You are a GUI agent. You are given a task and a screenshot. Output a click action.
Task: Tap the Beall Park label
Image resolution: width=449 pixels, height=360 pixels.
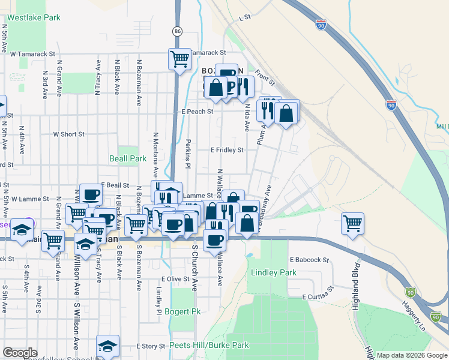(128, 158)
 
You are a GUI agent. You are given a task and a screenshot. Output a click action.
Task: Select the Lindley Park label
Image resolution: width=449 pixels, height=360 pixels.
(274, 272)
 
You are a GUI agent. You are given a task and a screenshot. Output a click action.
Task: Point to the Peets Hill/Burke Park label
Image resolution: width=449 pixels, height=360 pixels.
(209, 345)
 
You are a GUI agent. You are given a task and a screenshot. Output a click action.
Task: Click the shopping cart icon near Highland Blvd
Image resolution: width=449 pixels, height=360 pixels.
(353, 224)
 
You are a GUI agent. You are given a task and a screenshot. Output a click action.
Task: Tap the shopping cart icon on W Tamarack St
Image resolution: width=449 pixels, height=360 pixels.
(179, 59)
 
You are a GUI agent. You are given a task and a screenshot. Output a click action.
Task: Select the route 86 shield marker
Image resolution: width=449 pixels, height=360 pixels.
(177, 31)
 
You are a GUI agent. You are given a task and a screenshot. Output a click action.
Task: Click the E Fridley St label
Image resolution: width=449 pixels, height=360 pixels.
(227, 150)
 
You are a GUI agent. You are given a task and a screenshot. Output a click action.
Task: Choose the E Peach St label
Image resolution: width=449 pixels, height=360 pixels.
(197, 112)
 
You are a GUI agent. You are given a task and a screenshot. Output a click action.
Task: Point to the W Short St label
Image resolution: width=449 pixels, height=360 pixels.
(68, 134)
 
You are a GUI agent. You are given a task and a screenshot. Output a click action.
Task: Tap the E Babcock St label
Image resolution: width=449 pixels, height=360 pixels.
(309, 260)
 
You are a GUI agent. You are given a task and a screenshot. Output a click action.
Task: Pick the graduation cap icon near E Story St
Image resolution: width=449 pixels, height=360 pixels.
(107, 346)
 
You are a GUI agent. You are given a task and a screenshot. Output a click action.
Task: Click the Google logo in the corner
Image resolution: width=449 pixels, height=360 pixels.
(20, 353)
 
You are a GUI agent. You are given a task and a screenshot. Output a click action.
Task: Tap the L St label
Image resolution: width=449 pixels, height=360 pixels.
(244, 19)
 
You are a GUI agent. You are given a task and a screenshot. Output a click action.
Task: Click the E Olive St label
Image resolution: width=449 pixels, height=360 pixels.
(175, 279)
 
